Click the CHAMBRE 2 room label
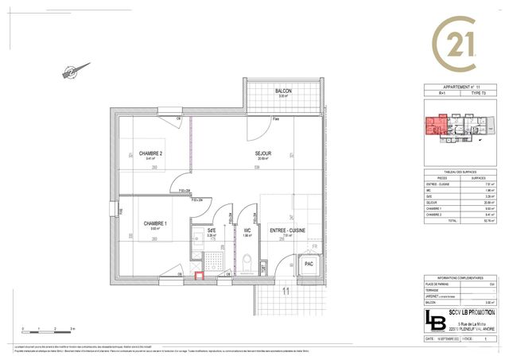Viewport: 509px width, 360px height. [150, 153]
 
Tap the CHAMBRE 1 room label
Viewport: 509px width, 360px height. [154, 223]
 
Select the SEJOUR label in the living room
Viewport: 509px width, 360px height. [263, 153]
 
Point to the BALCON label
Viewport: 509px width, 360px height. [284, 91]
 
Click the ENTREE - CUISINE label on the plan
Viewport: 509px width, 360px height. [288, 230]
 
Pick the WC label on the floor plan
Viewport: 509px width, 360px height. [248, 230]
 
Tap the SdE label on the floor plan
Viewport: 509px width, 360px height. [212, 230]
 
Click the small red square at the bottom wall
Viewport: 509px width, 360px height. [200, 277]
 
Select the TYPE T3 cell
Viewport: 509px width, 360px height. [477, 94]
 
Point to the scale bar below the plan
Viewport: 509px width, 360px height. [49, 327]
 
